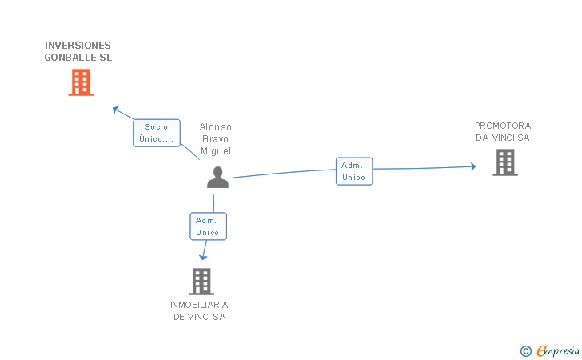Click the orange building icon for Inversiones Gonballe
(81, 82)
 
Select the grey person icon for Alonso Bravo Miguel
(217, 178)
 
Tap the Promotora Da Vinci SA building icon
(504, 162)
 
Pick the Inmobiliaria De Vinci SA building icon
(201, 281)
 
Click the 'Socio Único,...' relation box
(156, 133)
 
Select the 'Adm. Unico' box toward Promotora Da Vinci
(354, 171)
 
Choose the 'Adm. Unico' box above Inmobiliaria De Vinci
(209, 226)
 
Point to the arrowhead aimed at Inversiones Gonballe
(115, 109)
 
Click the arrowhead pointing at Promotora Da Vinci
(472, 166)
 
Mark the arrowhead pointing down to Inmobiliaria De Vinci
(202, 257)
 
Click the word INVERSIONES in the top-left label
(78, 45)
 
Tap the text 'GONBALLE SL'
(78, 58)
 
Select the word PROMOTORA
(503, 126)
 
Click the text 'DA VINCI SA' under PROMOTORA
(503, 138)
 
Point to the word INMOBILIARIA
(199, 305)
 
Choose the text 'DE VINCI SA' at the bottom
(199, 317)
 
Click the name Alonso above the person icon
(216, 127)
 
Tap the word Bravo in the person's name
(216, 139)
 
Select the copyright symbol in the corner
(525, 350)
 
